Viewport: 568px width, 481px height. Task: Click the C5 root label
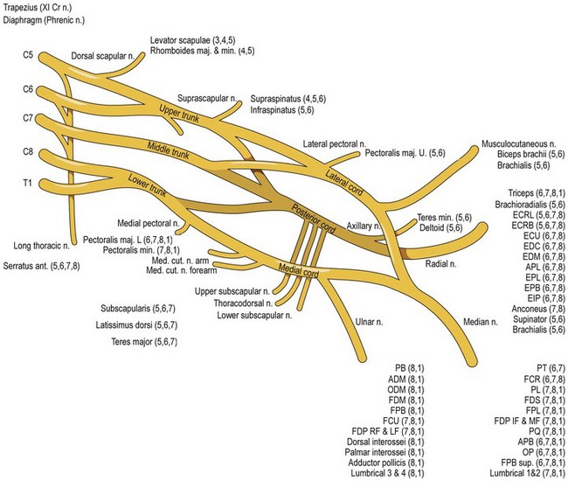28,55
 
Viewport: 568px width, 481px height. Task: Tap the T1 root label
28,183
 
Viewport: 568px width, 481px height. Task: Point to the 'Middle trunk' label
168,150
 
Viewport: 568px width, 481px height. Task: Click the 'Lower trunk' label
148,185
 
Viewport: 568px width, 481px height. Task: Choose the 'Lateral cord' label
343,182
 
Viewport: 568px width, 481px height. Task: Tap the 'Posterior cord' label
314,219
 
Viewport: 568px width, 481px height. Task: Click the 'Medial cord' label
299,270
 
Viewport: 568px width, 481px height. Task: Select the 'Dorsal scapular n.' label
103,56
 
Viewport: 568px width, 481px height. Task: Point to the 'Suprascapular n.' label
207,98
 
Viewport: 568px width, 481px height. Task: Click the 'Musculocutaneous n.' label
519,144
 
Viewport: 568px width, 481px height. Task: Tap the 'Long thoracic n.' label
41,246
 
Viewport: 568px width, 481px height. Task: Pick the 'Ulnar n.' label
369,322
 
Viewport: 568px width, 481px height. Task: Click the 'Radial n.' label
440,263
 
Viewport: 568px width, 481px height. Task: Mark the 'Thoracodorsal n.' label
243,303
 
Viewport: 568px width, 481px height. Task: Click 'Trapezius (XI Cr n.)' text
38,7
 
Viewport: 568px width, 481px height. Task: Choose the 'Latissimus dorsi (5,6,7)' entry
136,325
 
